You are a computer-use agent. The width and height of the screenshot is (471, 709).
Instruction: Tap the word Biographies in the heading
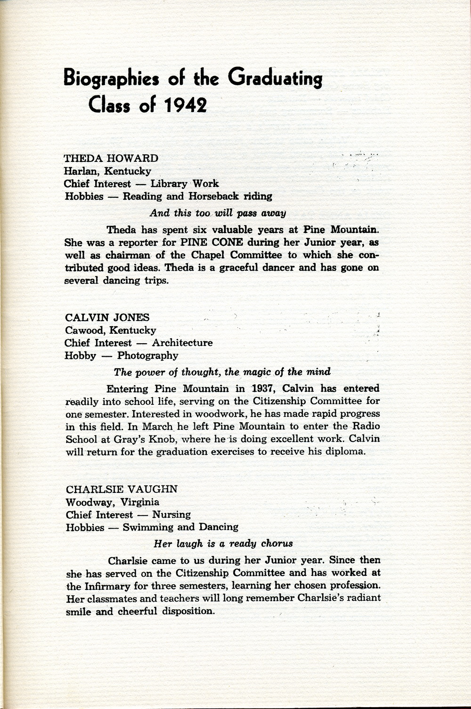coord(114,78)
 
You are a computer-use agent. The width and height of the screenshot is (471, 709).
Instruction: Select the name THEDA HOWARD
coord(111,158)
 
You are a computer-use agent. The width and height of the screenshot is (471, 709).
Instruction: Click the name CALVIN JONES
coord(107,317)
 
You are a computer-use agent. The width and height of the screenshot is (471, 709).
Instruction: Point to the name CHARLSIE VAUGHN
coord(122,489)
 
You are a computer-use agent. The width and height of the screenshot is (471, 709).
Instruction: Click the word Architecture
coord(182,343)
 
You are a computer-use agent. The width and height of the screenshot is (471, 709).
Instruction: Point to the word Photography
coord(148,355)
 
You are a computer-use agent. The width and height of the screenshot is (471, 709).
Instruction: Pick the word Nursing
coord(171,515)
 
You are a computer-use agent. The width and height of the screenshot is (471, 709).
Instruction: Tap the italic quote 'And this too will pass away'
coord(218,213)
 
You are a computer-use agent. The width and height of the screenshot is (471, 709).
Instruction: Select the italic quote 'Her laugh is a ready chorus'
coord(223,544)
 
